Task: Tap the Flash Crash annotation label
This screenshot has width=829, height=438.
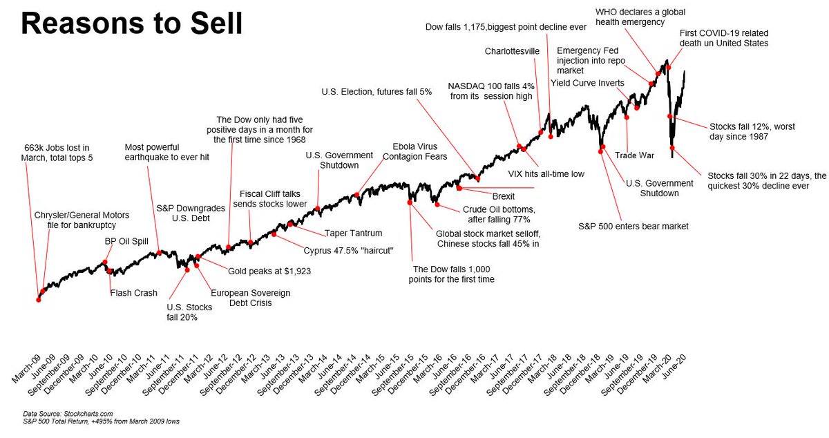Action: (x=134, y=293)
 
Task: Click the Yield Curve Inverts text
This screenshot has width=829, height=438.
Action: (x=587, y=84)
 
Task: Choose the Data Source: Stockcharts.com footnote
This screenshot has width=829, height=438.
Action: (x=58, y=414)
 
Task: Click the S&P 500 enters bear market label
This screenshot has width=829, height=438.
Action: (x=633, y=226)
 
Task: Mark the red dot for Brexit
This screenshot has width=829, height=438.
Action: (x=459, y=187)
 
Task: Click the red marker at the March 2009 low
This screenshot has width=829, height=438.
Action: (x=38, y=299)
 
